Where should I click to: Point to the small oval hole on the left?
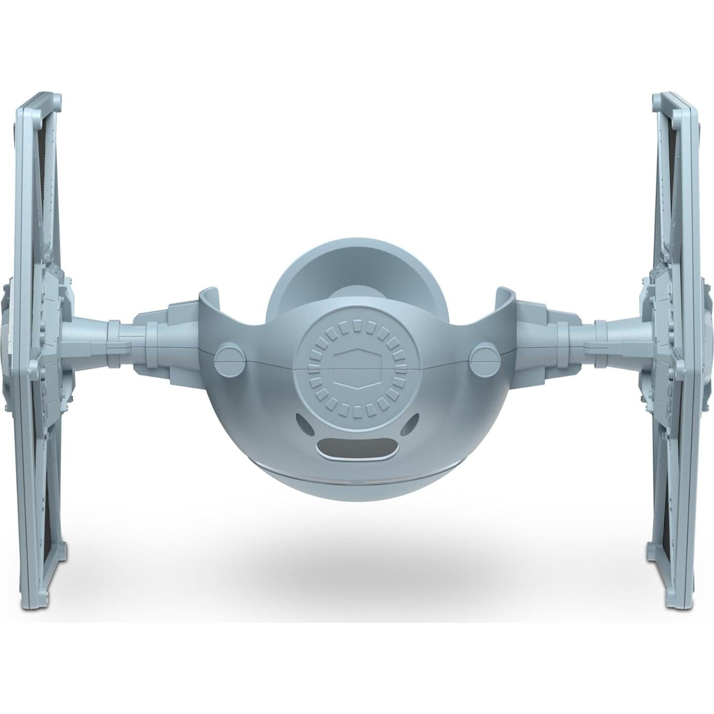click(303, 422)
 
